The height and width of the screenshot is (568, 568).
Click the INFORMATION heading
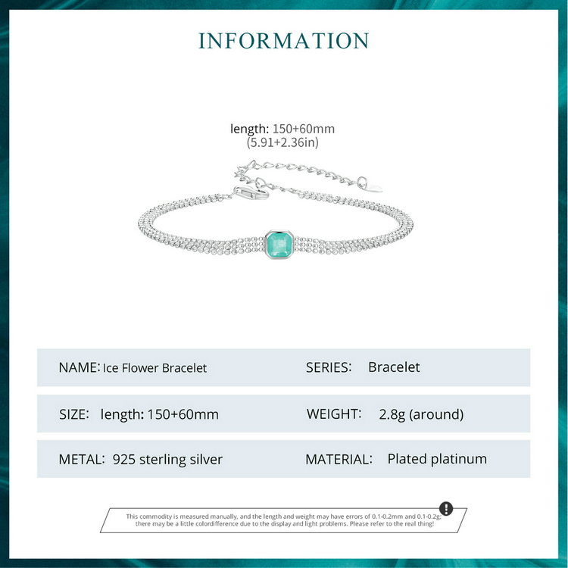click(x=284, y=41)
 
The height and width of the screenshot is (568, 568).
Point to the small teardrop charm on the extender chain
click(x=365, y=184)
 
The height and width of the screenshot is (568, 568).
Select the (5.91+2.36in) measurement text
click(x=282, y=142)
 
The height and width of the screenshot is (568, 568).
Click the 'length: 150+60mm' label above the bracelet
click(x=282, y=129)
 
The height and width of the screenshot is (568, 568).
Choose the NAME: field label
click(x=79, y=367)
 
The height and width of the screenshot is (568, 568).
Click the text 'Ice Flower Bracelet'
click(x=154, y=368)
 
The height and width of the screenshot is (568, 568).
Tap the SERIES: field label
click(x=329, y=367)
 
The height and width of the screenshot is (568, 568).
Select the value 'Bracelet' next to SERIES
click(x=394, y=367)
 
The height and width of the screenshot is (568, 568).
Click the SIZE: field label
click(x=74, y=414)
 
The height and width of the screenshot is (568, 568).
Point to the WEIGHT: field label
click(x=333, y=414)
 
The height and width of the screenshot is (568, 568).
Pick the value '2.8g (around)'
click(x=421, y=414)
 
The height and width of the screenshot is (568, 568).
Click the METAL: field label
click(x=80, y=459)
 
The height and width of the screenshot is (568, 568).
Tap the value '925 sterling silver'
click(x=167, y=459)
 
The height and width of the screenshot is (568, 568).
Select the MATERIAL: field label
click(x=339, y=459)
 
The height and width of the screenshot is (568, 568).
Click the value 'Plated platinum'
click(x=437, y=459)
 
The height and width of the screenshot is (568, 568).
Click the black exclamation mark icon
click(x=446, y=508)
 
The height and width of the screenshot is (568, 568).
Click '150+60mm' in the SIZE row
click(x=183, y=414)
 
